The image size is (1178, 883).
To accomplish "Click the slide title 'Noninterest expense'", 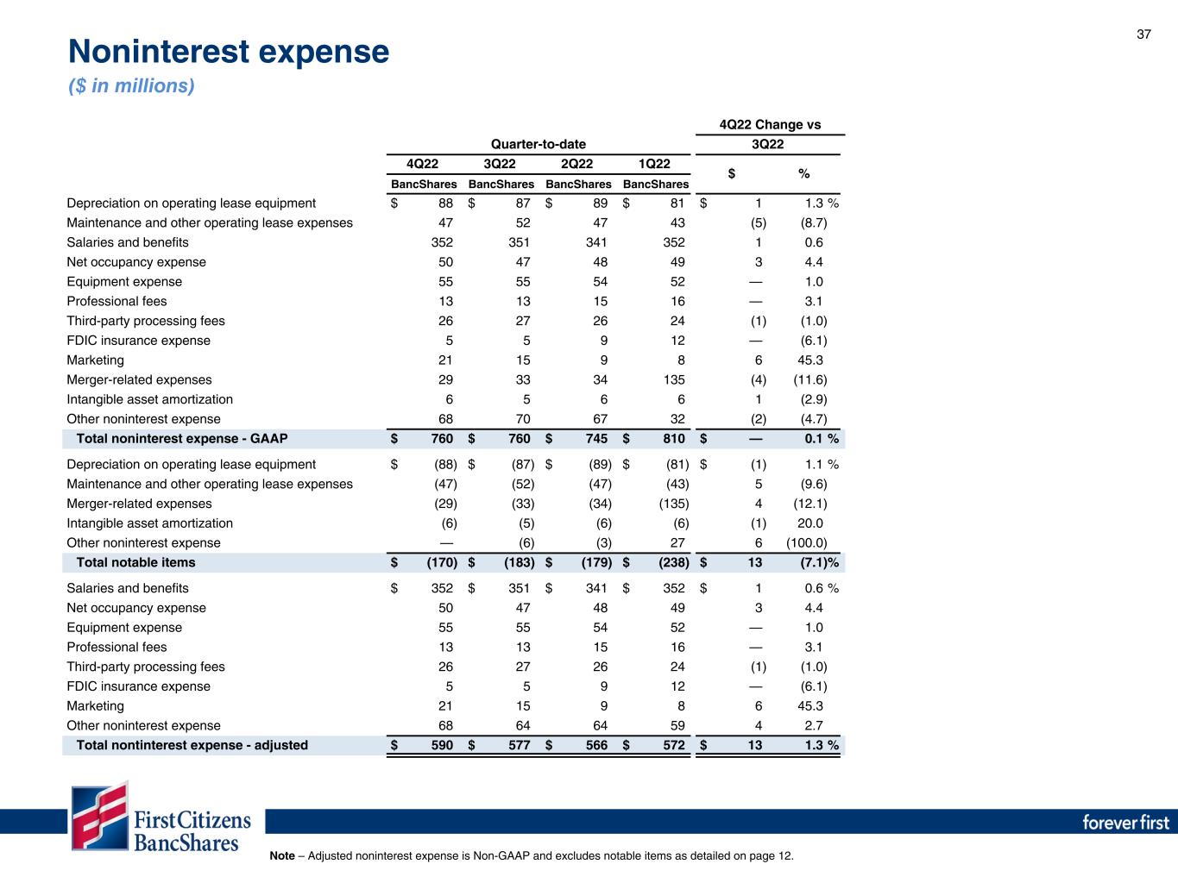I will (229, 53).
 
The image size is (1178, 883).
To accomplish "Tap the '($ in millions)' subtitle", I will (131, 86).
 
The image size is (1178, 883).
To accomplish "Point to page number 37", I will (1143, 34).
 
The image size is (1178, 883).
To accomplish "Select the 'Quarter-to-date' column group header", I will (539, 144).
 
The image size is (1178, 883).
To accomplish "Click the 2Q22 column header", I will (576, 164).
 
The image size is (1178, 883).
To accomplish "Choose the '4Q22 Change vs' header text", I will (770, 124).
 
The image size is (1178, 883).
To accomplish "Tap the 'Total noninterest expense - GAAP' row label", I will (182, 439).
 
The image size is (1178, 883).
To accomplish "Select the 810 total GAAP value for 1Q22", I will (673, 439).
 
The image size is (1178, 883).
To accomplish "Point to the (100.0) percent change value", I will (807, 543).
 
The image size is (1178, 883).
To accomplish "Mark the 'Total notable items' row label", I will (135, 563).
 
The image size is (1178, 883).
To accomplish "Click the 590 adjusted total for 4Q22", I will (441, 745).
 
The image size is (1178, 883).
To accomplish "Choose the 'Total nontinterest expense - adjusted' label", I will (192, 745).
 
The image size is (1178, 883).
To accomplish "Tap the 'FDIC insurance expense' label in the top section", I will (138, 341).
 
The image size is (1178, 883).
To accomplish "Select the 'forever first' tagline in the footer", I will (1125, 822).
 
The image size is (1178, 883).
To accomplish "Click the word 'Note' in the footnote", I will (282, 856).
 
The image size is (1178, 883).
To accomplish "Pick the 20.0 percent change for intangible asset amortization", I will (811, 523).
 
